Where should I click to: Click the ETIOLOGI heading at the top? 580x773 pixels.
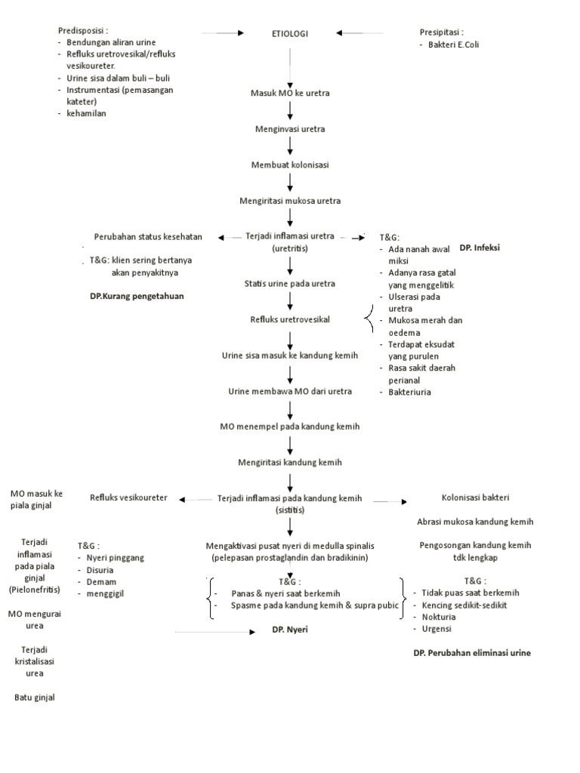290,33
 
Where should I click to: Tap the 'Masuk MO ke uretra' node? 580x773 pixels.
290,93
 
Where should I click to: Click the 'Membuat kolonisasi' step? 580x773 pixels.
290,164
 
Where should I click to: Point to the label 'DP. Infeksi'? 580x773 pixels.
480,248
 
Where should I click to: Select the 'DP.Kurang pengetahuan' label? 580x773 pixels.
137,297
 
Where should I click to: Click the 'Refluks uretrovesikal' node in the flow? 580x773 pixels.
290,319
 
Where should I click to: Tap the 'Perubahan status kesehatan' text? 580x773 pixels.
148,236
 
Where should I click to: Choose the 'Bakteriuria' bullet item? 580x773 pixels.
410,392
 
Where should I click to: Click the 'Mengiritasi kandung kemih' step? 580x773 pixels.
290,461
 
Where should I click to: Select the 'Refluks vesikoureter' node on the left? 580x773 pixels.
128,497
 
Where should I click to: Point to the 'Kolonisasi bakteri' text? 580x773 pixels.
475,497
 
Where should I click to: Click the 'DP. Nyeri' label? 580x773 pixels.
291,629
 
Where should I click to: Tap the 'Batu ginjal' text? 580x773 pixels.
35,697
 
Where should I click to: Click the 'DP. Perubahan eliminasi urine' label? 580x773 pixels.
471,653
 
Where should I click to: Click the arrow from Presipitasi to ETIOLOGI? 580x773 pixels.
360,33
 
